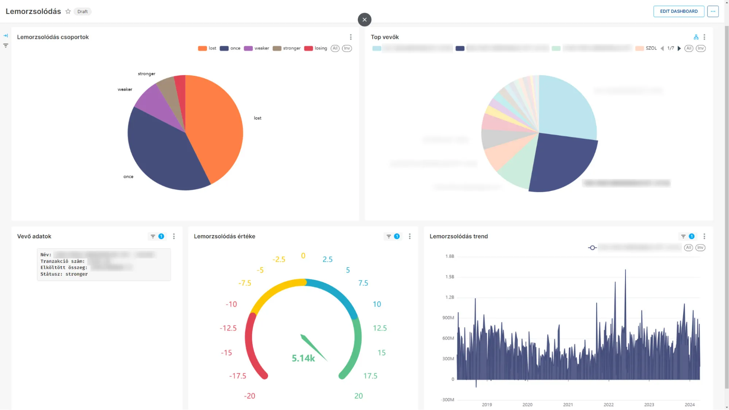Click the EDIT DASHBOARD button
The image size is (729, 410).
pyautogui.click(x=678, y=11)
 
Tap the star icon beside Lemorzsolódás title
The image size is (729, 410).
pyautogui.click(x=68, y=11)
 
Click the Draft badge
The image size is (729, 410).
pyautogui.click(x=82, y=12)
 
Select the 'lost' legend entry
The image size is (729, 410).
pyautogui.click(x=208, y=48)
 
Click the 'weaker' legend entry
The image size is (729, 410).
pyautogui.click(x=257, y=48)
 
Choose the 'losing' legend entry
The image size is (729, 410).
pyautogui.click(x=316, y=48)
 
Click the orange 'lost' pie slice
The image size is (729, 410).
pyautogui.click(x=215, y=124)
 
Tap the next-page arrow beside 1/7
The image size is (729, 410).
pyautogui.click(x=679, y=48)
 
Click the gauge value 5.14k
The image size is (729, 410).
pyautogui.click(x=303, y=358)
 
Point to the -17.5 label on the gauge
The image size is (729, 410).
pyautogui.click(x=237, y=376)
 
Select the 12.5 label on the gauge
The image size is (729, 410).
pyautogui.click(x=380, y=328)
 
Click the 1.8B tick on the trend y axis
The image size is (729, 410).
pyautogui.click(x=450, y=256)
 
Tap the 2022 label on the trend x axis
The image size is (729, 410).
pyautogui.click(x=608, y=405)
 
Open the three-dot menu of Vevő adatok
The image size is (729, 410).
pyautogui.click(x=174, y=236)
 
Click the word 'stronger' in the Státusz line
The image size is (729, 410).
pyautogui.click(x=77, y=274)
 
